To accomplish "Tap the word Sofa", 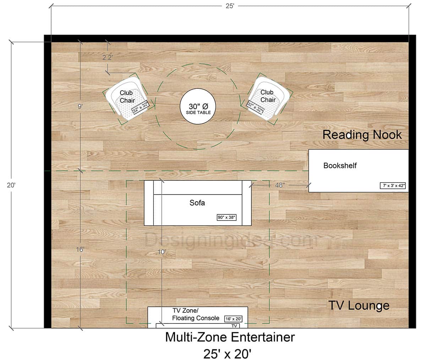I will [197, 203].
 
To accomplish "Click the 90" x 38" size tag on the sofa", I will [226, 217].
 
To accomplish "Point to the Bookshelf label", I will [340, 165].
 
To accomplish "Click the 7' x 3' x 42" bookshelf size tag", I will [393, 185].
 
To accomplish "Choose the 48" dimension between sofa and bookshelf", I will [280, 185].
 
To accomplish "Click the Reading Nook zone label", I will [362, 135].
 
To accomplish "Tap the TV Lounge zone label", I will [359, 305].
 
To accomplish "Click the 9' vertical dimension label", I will [80, 105].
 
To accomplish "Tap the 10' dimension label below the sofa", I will [162, 252].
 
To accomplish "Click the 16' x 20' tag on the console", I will [233, 319].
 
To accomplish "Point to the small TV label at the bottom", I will [234, 326].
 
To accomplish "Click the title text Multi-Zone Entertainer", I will [230, 337].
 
